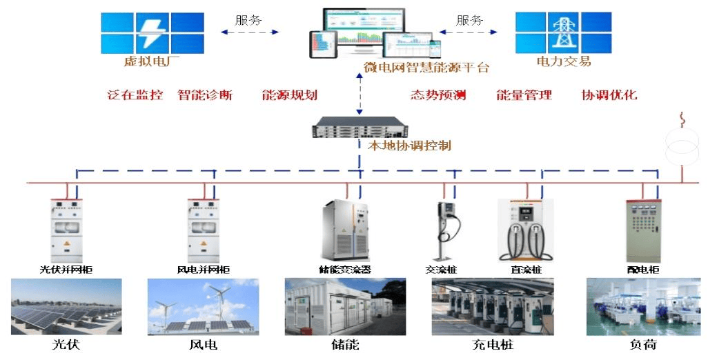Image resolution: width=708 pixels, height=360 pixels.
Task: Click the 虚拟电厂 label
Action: [151, 61]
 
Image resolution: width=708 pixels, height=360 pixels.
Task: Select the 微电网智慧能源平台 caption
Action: [426, 68]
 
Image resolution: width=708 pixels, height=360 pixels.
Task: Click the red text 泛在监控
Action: [135, 95]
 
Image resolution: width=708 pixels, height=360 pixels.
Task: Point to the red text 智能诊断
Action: [205, 95]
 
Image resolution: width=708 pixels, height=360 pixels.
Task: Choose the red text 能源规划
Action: [290, 95]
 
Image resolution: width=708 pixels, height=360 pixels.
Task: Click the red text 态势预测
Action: [438, 95]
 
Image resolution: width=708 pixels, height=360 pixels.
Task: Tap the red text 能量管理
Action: [524, 95]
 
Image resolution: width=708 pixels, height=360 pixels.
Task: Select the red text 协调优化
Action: [609, 95]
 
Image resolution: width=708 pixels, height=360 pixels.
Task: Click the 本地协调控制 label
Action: [409, 146]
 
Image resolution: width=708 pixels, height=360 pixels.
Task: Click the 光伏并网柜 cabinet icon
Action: [67, 230]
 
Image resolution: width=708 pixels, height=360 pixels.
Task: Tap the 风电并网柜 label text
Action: [204, 270]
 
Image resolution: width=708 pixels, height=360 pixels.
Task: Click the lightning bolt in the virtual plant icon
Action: [151, 32]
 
